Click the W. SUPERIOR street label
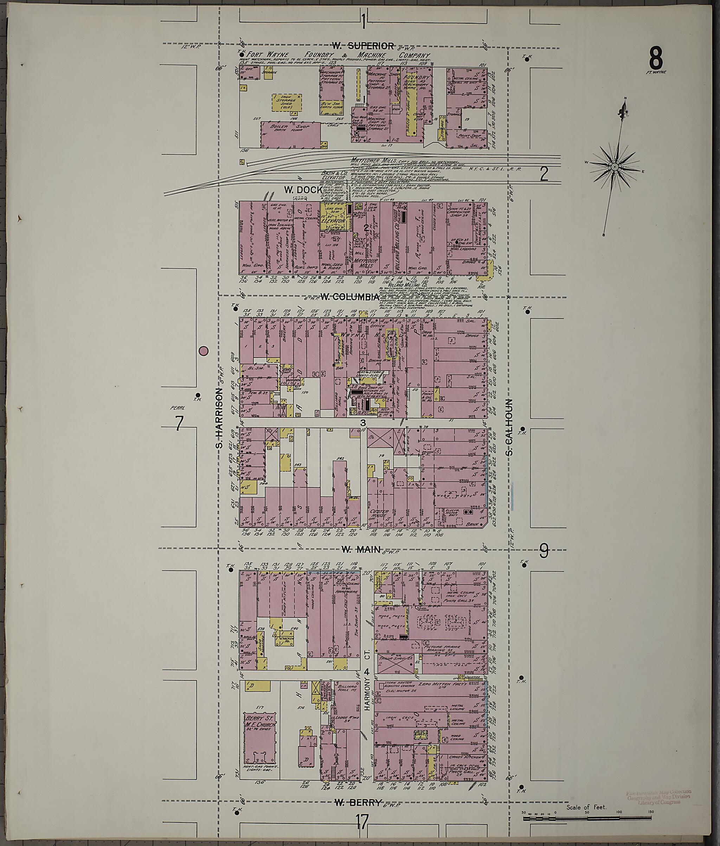(363, 46)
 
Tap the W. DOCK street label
(302, 190)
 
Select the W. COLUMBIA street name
(350, 297)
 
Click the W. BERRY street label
(358, 802)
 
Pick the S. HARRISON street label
(220, 418)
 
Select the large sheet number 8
(656, 58)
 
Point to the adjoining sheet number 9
(544, 552)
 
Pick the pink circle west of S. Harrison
(203, 351)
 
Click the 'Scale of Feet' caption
(586, 807)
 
